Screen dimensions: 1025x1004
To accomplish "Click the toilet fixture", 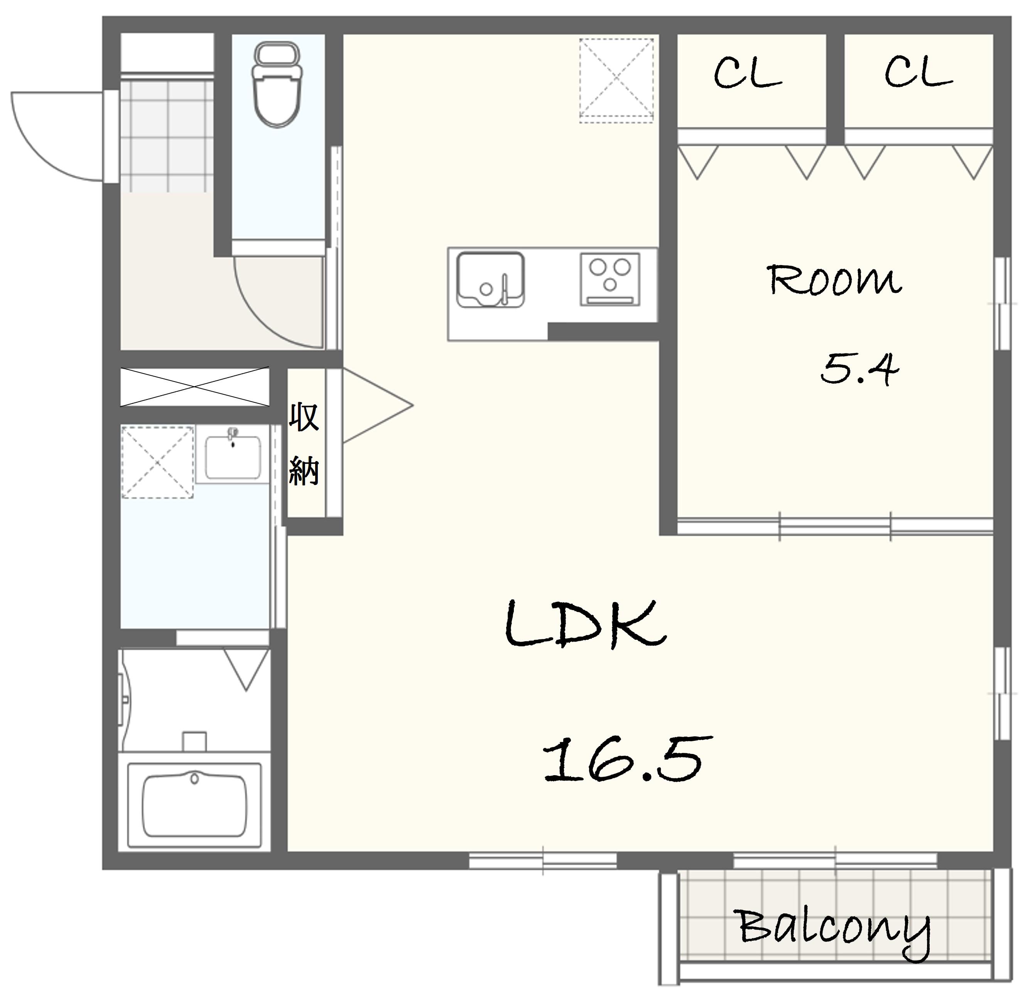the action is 277,85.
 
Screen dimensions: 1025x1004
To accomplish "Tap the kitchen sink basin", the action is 490,279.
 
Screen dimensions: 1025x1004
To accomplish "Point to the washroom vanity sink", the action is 233,456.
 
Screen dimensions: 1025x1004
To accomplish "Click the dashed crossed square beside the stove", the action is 616,81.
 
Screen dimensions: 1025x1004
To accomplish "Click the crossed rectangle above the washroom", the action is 194,387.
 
